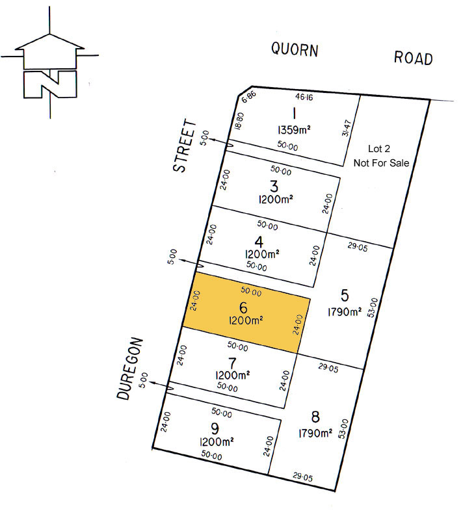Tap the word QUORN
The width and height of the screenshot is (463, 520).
(295, 49)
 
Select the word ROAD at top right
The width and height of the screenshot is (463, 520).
(413, 58)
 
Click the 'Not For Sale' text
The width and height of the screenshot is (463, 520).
(381, 162)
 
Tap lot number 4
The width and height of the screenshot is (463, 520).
(259, 242)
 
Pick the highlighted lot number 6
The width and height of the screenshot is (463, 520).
(243, 308)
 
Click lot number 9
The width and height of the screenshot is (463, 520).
(215, 430)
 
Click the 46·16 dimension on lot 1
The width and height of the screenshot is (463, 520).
(304, 97)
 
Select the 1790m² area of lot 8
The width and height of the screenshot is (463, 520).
(315, 433)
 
